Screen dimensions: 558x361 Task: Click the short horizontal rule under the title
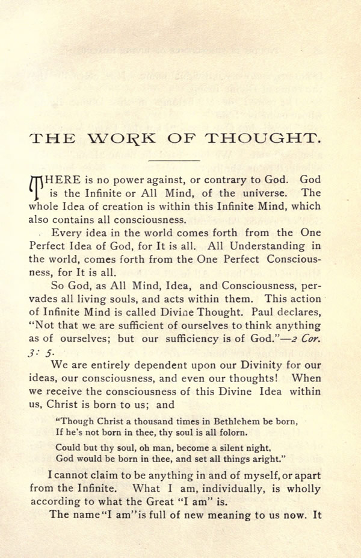click(173, 161)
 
